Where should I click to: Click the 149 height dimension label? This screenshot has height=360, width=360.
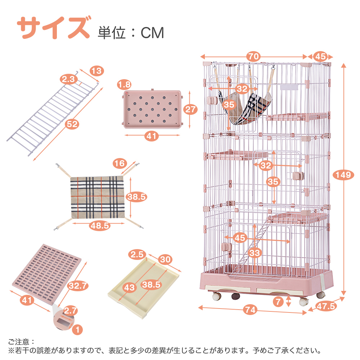point(343,175)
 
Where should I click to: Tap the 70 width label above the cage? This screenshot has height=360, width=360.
point(253,57)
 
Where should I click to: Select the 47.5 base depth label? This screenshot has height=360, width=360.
point(326,306)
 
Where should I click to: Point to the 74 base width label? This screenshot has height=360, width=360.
point(250,310)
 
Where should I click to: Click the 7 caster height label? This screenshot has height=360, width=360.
point(278,301)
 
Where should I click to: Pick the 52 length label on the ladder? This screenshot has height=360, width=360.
point(72,124)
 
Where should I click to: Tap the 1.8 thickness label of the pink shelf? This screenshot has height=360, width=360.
point(124,85)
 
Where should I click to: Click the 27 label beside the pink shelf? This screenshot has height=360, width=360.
point(190,109)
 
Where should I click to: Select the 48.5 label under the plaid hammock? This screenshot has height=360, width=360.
point(100,226)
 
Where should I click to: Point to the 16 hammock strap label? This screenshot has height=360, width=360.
point(120,163)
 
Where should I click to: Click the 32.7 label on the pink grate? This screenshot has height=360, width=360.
point(78,285)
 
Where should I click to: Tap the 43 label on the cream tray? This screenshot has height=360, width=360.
point(129,287)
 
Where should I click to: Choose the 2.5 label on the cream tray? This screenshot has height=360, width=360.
point(137,255)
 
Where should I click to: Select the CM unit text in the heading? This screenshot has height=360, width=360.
point(152,33)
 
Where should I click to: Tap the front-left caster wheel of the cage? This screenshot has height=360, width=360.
point(216,296)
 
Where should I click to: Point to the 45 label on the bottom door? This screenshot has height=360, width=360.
point(240,238)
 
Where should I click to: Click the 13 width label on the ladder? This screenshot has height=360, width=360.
point(96,71)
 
